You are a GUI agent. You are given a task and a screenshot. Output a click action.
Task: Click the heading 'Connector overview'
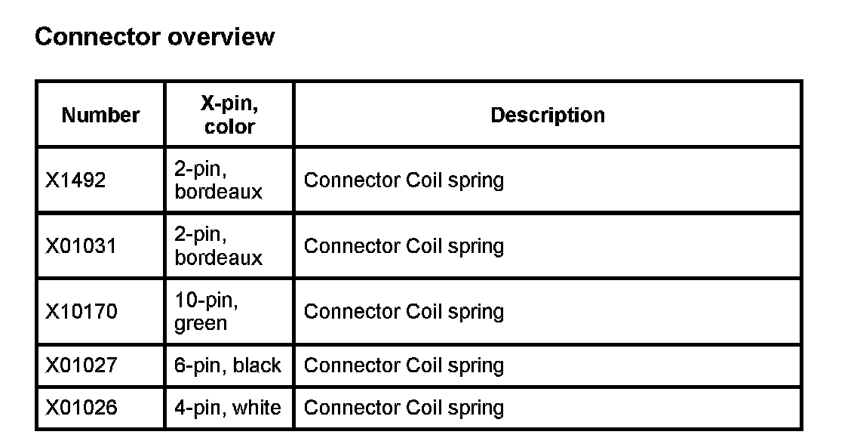click(x=155, y=36)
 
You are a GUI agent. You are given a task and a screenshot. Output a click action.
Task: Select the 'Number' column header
click(x=100, y=115)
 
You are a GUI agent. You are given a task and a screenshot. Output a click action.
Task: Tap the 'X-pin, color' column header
click(x=229, y=115)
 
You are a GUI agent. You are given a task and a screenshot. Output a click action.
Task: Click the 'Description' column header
click(x=548, y=115)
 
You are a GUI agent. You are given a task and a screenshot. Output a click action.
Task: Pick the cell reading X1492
click(x=75, y=180)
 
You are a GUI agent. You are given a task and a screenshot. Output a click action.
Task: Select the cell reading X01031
click(x=81, y=246)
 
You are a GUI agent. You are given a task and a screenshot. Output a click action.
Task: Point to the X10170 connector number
click(x=81, y=312)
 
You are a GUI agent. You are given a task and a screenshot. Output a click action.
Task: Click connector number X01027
click(x=81, y=365)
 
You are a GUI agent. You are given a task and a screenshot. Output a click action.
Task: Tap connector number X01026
click(x=81, y=408)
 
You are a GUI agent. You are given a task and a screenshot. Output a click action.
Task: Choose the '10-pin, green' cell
click(x=207, y=312)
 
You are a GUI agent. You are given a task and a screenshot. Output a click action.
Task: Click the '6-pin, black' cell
click(x=228, y=365)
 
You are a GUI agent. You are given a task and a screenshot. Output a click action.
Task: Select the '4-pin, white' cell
click(x=228, y=408)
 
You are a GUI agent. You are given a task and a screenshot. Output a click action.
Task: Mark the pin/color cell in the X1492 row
click(x=219, y=180)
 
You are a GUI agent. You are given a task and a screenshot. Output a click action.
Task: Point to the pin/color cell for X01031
click(x=219, y=246)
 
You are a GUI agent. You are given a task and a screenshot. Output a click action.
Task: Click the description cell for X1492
click(x=404, y=180)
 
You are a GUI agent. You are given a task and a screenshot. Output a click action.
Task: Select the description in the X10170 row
click(x=404, y=312)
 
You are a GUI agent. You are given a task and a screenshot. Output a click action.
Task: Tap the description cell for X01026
click(x=404, y=408)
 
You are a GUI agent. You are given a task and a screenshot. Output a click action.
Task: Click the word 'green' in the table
click(x=201, y=324)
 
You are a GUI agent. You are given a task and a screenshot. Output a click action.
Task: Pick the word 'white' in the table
click(x=256, y=408)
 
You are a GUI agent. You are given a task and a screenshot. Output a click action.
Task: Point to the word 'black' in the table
click(x=256, y=365)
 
